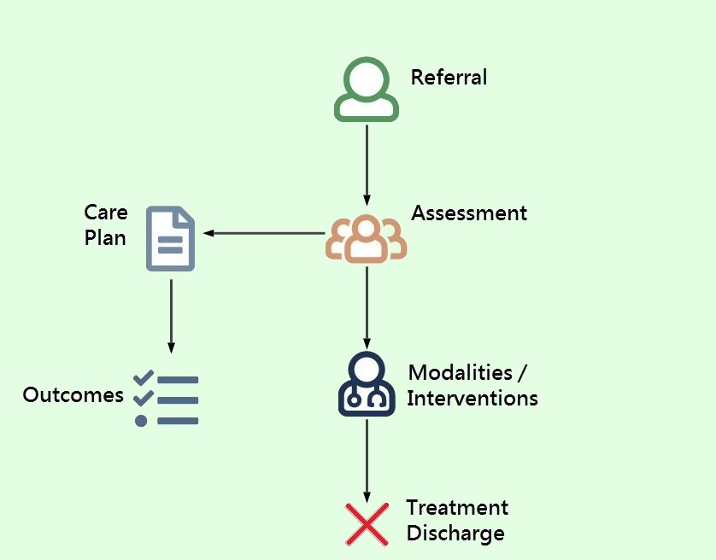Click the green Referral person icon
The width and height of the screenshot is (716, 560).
tap(366, 88)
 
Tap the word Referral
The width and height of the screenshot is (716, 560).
tap(449, 78)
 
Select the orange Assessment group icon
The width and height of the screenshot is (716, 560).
tap(366, 238)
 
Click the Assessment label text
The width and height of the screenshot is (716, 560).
tap(469, 213)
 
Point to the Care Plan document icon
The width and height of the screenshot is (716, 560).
tap(171, 238)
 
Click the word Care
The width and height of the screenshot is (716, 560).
tap(106, 213)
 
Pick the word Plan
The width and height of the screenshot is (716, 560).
tap(105, 237)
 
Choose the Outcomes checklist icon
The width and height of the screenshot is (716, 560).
tap(166, 399)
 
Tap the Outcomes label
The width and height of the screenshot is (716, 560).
tap(73, 395)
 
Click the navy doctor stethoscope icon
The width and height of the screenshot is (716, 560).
tap(367, 385)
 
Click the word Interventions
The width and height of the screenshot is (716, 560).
tap(472, 399)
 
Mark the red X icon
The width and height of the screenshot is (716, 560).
tap(367, 524)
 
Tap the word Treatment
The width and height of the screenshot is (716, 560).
tap(457, 508)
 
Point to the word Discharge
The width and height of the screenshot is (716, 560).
tap(455, 534)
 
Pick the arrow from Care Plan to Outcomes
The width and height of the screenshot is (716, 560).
tap(171, 315)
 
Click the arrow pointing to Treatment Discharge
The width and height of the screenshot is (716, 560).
tap(367, 461)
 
